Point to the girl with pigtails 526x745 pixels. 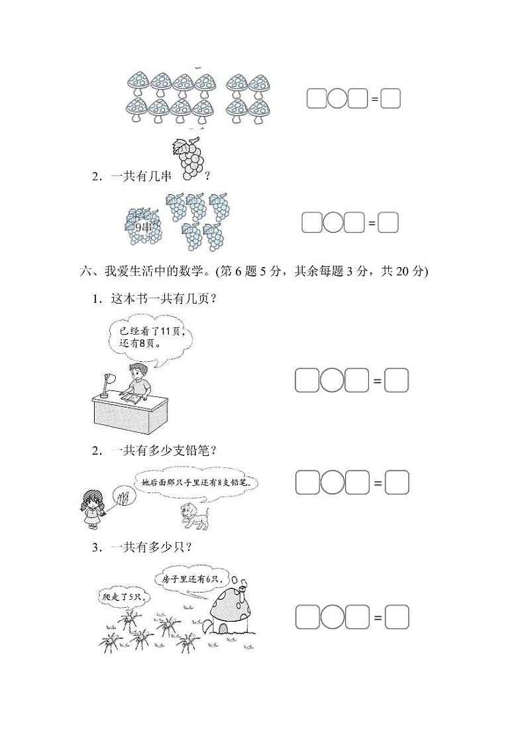tap(91, 510)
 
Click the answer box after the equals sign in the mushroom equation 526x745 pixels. tap(391, 99)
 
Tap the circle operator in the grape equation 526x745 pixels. tap(333, 223)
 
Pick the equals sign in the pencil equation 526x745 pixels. tap(378, 483)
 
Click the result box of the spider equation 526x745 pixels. tap(397, 617)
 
